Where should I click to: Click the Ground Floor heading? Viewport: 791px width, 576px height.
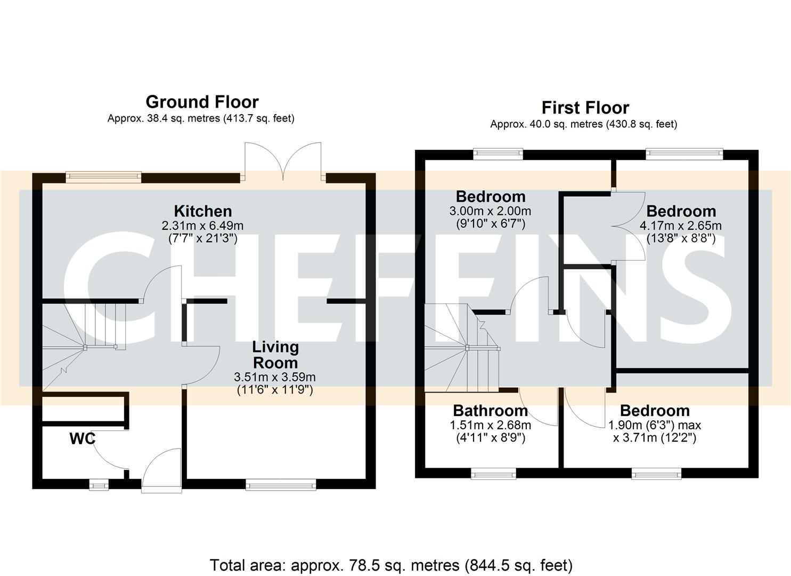point(202,101)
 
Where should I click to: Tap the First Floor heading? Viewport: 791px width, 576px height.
point(585,107)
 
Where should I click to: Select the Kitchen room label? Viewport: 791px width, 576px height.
point(203,211)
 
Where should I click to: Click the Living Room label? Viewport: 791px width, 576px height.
point(275,355)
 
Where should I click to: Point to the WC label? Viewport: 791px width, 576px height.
point(83,438)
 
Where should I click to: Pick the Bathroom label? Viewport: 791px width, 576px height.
point(490,411)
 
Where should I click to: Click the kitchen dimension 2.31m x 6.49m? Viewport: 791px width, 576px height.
point(202,226)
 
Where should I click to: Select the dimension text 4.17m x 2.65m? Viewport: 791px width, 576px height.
point(680,226)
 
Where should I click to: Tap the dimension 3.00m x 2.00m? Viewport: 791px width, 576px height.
point(490,211)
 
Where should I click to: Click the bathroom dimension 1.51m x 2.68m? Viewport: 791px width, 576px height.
point(490,425)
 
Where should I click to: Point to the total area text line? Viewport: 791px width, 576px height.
point(391,565)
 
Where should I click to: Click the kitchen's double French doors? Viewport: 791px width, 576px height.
point(283,160)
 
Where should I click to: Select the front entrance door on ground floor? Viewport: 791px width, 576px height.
point(162,469)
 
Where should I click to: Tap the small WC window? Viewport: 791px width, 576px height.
point(97,484)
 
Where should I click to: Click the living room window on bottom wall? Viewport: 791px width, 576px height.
point(281,484)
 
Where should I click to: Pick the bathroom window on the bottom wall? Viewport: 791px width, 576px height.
point(493,473)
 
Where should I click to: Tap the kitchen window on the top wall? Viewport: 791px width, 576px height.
point(103,177)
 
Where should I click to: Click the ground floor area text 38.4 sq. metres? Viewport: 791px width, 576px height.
point(200,118)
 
